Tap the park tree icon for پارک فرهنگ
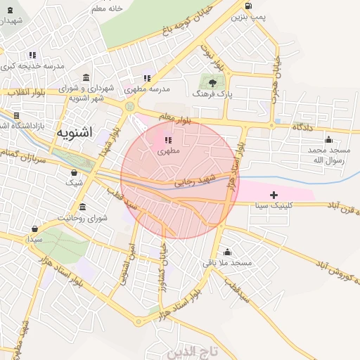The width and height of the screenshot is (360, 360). coord(213,82)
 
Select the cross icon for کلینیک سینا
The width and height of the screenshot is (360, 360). coord(274,194)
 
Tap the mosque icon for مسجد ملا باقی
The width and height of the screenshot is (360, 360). coord(227,252)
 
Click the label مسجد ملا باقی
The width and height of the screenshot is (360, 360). coord(227,262)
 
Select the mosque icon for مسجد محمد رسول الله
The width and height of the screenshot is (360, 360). coord(328,139)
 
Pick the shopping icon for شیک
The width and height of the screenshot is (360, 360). coord(75,172)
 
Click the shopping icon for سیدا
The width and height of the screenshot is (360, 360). coord(35,229)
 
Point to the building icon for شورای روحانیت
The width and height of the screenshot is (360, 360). coord(83,207)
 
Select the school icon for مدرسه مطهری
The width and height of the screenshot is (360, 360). coord(146,79)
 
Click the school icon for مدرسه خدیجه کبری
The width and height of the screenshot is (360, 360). coord(33,55)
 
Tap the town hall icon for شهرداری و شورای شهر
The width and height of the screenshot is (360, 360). coord(86,77)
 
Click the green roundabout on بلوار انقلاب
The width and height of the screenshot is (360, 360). coord(129,106)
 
